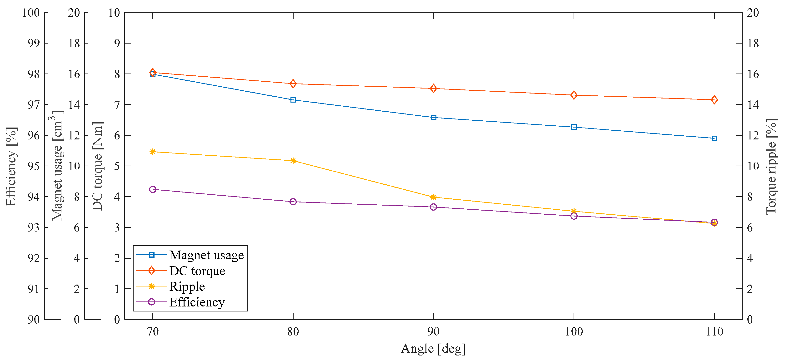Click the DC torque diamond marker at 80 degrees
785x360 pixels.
click(293, 84)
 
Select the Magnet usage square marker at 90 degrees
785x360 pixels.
click(433, 117)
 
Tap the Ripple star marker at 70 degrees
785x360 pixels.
click(153, 152)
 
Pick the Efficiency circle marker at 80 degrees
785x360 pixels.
click(293, 202)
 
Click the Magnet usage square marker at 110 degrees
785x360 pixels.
click(714, 138)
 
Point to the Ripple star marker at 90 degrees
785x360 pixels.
click(433, 197)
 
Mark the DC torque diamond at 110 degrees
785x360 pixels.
click(714, 100)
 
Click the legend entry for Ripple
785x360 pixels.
click(187, 286)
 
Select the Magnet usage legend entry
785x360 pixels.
click(206, 255)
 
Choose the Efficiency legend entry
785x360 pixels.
click(197, 302)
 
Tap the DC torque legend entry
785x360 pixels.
click(197, 271)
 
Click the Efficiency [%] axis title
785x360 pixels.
click(11, 166)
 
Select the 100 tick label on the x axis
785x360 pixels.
click(574, 331)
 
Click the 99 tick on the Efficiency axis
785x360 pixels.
click(34, 43)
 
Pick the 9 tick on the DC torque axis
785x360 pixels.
click(117, 43)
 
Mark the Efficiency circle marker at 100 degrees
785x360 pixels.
click(574, 216)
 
